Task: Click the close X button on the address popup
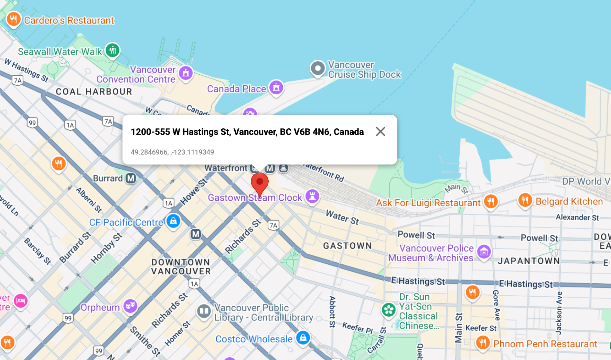pos(380,131)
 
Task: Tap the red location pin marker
pos(260,183)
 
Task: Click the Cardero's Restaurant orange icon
pos(13,20)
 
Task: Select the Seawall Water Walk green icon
pos(112,51)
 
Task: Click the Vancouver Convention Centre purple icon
pos(186,73)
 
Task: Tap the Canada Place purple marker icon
pos(276,88)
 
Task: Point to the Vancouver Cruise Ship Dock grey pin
pos(318,68)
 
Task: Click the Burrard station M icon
pos(131,178)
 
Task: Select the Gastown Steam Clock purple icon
pos(312,197)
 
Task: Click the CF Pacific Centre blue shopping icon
pos(173,221)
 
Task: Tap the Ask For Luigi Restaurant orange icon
pos(491,201)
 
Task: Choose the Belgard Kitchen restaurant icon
pos(525,200)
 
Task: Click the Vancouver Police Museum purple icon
pos(484,252)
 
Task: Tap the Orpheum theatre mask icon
pos(130,306)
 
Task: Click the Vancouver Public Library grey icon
pos(204,311)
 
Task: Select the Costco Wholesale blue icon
pos(303,338)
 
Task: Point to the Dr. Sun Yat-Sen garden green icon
pos(389,310)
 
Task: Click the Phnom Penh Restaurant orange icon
pos(483,343)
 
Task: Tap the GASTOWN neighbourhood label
pos(347,246)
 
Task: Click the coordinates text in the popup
pos(172,152)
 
